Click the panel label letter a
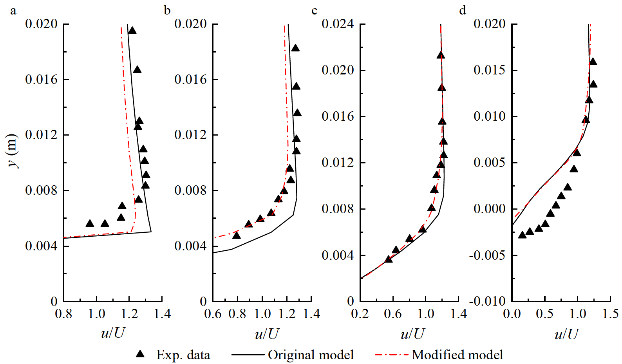click(x=13, y=11)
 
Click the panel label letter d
click(x=463, y=11)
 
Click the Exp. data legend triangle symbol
click(x=140, y=354)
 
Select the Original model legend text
click(x=311, y=355)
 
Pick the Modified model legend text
click(x=457, y=355)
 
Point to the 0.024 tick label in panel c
click(x=338, y=24)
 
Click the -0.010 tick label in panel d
click(x=487, y=301)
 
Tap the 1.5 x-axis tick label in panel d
click(x=611, y=314)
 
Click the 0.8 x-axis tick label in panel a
click(x=63, y=314)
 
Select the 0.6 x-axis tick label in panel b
click(x=213, y=314)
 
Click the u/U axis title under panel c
click(x=412, y=334)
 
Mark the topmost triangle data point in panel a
click(x=132, y=31)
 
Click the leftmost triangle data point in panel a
click(x=90, y=223)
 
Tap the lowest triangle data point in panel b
click(x=236, y=235)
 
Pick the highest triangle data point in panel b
click(x=295, y=48)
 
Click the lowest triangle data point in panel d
click(x=522, y=235)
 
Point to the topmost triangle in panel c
click(x=441, y=55)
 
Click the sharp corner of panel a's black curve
click(x=151, y=232)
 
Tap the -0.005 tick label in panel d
click(x=487, y=255)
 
